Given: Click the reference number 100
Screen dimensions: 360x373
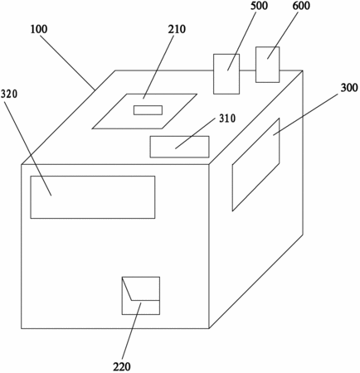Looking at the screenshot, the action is (x=39, y=29).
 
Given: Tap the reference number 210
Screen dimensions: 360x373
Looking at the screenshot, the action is (x=177, y=29).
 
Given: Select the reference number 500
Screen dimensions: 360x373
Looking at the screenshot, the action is (x=259, y=6).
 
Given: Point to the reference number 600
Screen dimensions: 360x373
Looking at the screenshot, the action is (x=301, y=6).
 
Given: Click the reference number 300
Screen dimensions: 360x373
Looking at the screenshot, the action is (x=349, y=88).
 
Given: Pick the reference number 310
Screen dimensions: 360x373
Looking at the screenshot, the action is (x=227, y=119).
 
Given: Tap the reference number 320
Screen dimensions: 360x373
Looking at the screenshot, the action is (x=9, y=94).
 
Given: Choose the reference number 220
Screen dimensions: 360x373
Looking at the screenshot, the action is (x=122, y=366).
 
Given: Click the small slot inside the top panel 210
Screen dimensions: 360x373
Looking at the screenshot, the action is (x=148, y=110).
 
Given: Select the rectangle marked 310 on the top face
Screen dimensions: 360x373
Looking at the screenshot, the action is (x=179, y=147).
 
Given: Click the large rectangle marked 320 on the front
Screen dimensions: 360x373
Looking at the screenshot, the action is (x=93, y=197).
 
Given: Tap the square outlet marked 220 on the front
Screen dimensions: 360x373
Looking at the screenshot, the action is (x=141, y=296).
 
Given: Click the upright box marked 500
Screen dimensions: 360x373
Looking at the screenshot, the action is (x=226, y=74).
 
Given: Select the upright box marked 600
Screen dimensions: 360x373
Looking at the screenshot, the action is (x=267, y=65).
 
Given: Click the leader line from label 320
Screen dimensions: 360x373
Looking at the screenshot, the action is (x=28, y=148).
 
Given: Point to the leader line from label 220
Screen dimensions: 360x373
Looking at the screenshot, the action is (x=131, y=332).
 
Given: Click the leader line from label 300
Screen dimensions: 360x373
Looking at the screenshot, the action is (x=305, y=114).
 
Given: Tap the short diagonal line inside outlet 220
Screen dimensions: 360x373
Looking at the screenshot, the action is (x=127, y=288).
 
